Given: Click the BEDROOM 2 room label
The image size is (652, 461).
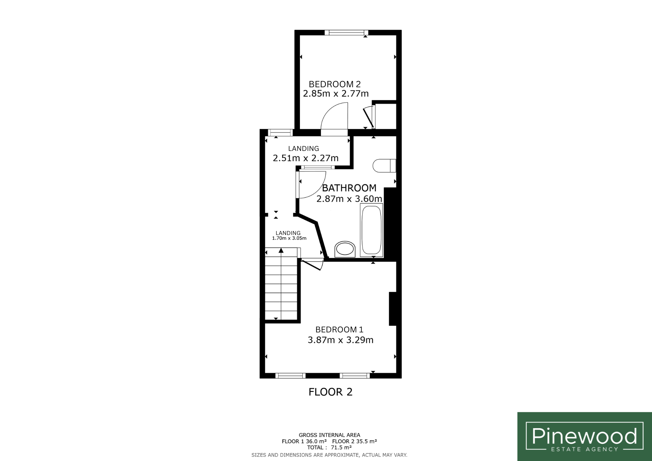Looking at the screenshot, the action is point(335,84).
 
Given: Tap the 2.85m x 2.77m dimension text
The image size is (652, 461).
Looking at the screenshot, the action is point(336,94).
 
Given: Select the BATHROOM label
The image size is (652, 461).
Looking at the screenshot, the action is point(349,188).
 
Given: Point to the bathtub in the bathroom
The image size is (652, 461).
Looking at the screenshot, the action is point(372,230).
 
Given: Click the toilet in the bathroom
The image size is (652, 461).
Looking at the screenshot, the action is point(384,166).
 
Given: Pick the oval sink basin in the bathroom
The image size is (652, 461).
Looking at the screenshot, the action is point(345,249).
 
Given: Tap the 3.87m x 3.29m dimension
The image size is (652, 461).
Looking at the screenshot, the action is point(340,340).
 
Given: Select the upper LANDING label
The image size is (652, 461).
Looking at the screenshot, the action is point(303,148).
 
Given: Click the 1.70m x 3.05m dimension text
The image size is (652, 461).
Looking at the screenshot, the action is point(289,238).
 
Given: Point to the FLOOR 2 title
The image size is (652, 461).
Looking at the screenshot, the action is point(330,392).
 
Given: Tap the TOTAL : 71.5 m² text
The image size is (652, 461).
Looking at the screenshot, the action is point(329,447).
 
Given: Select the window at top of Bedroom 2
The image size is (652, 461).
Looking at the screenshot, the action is point(346,32).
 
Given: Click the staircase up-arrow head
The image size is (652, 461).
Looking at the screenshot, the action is point(281,251).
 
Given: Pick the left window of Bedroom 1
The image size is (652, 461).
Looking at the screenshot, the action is point(290,376).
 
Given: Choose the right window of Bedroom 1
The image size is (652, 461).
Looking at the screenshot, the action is point(355,376).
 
